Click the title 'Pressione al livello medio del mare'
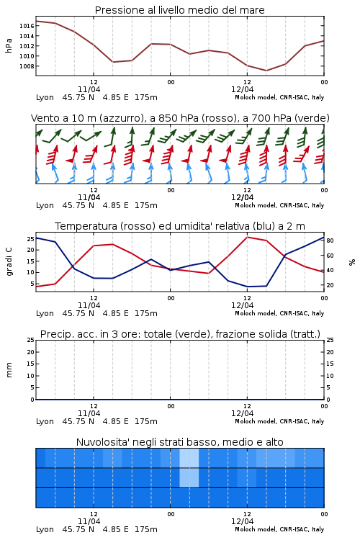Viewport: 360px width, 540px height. click(x=179, y=10)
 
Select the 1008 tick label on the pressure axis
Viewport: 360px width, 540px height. click(x=27, y=66)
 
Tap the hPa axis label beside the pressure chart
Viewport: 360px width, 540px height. click(x=9, y=45)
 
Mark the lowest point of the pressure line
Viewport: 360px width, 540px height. click(x=266, y=71)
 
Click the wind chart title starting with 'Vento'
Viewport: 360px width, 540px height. click(x=180, y=118)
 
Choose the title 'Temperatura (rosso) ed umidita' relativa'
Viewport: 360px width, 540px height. click(x=180, y=226)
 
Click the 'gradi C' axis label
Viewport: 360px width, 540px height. click(x=9, y=262)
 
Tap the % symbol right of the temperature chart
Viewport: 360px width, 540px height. click(x=352, y=262)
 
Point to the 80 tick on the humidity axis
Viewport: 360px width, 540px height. click(x=330, y=240)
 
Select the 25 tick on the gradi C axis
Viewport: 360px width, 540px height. click(x=31, y=239)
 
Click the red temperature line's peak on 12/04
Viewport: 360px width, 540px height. click(x=247, y=237)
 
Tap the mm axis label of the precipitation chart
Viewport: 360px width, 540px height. click(x=9, y=370)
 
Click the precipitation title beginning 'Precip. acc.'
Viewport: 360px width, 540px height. click(x=180, y=334)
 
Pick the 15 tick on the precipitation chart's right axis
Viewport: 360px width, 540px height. click(x=330, y=364)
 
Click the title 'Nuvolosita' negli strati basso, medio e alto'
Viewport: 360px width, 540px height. click(x=179, y=442)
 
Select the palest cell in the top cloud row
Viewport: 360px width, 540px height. click(x=189, y=458)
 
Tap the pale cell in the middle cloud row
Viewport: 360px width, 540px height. click(x=189, y=477)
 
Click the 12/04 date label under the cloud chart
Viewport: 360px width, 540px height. click(x=242, y=521)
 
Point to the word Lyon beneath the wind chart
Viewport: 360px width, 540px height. click(x=45, y=206)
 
